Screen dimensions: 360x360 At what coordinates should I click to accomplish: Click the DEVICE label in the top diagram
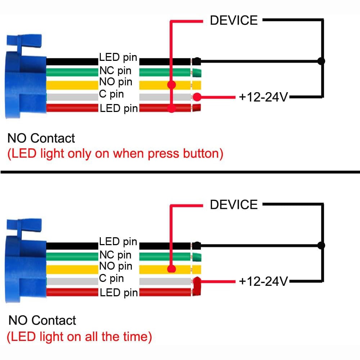coord(234,21)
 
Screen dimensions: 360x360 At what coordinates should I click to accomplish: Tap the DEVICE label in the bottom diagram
coord(234,204)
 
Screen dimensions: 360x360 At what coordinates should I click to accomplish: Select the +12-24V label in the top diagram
coord(264,97)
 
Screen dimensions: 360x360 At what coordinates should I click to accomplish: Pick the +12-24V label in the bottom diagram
coord(264,281)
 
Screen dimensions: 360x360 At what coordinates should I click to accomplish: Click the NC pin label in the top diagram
coord(115,71)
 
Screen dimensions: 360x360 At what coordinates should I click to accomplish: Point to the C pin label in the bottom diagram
coord(111,278)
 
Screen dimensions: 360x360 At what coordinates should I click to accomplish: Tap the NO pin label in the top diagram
coord(116,82)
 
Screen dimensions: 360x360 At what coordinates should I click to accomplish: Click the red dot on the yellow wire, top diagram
coord(171,85)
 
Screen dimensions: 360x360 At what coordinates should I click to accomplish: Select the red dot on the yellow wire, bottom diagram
coord(171,269)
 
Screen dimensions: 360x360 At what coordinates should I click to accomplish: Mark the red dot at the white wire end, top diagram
coord(197,97)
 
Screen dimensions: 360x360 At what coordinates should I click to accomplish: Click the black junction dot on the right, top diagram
coord(321,61)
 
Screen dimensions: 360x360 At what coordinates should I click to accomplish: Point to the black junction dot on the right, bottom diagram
coord(321,246)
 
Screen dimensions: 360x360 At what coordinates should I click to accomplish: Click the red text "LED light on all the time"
coord(80,337)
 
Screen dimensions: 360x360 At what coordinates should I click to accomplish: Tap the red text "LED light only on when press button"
coord(115,154)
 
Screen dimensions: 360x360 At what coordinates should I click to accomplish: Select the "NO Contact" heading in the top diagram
coord(41,138)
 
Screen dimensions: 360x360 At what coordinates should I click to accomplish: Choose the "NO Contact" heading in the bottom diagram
coord(42,320)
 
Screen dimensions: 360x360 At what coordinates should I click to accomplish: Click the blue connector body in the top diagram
coord(25,78)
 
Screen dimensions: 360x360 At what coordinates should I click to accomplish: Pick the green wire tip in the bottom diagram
coord(197,257)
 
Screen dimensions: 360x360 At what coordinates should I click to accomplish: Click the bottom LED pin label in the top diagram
coord(119,108)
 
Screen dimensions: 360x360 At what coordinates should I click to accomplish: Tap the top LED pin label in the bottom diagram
coord(118,242)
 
